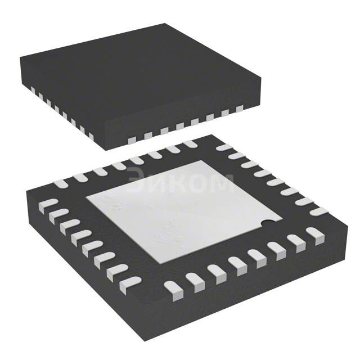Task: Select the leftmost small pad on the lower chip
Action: pos(49,202)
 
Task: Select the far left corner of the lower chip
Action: pos(27,193)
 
